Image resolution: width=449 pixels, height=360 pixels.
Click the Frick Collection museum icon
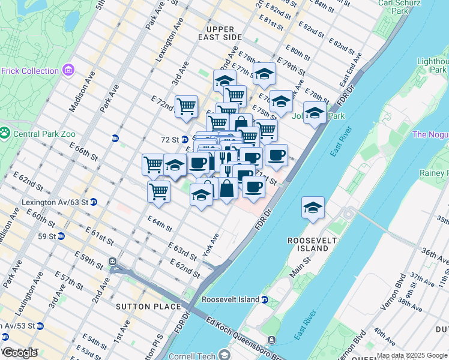pyautogui.click(x=68, y=71)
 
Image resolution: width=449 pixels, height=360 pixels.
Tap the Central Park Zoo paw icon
pyautogui.click(x=5, y=131)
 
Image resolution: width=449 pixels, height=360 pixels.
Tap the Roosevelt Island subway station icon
pyautogui.click(x=265, y=299)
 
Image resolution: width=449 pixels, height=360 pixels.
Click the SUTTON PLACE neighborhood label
pyautogui.click(x=153, y=307)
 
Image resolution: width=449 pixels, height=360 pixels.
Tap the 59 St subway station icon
pyautogui.click(x=61, y=236)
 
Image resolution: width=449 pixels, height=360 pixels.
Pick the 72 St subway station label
pyautogui.click(x=170, y=139)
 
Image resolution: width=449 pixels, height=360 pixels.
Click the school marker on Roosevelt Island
pyautogui.click(x=313, y=208)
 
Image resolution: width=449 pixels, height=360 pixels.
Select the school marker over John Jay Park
pyautogui.click(x=314, y=113)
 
